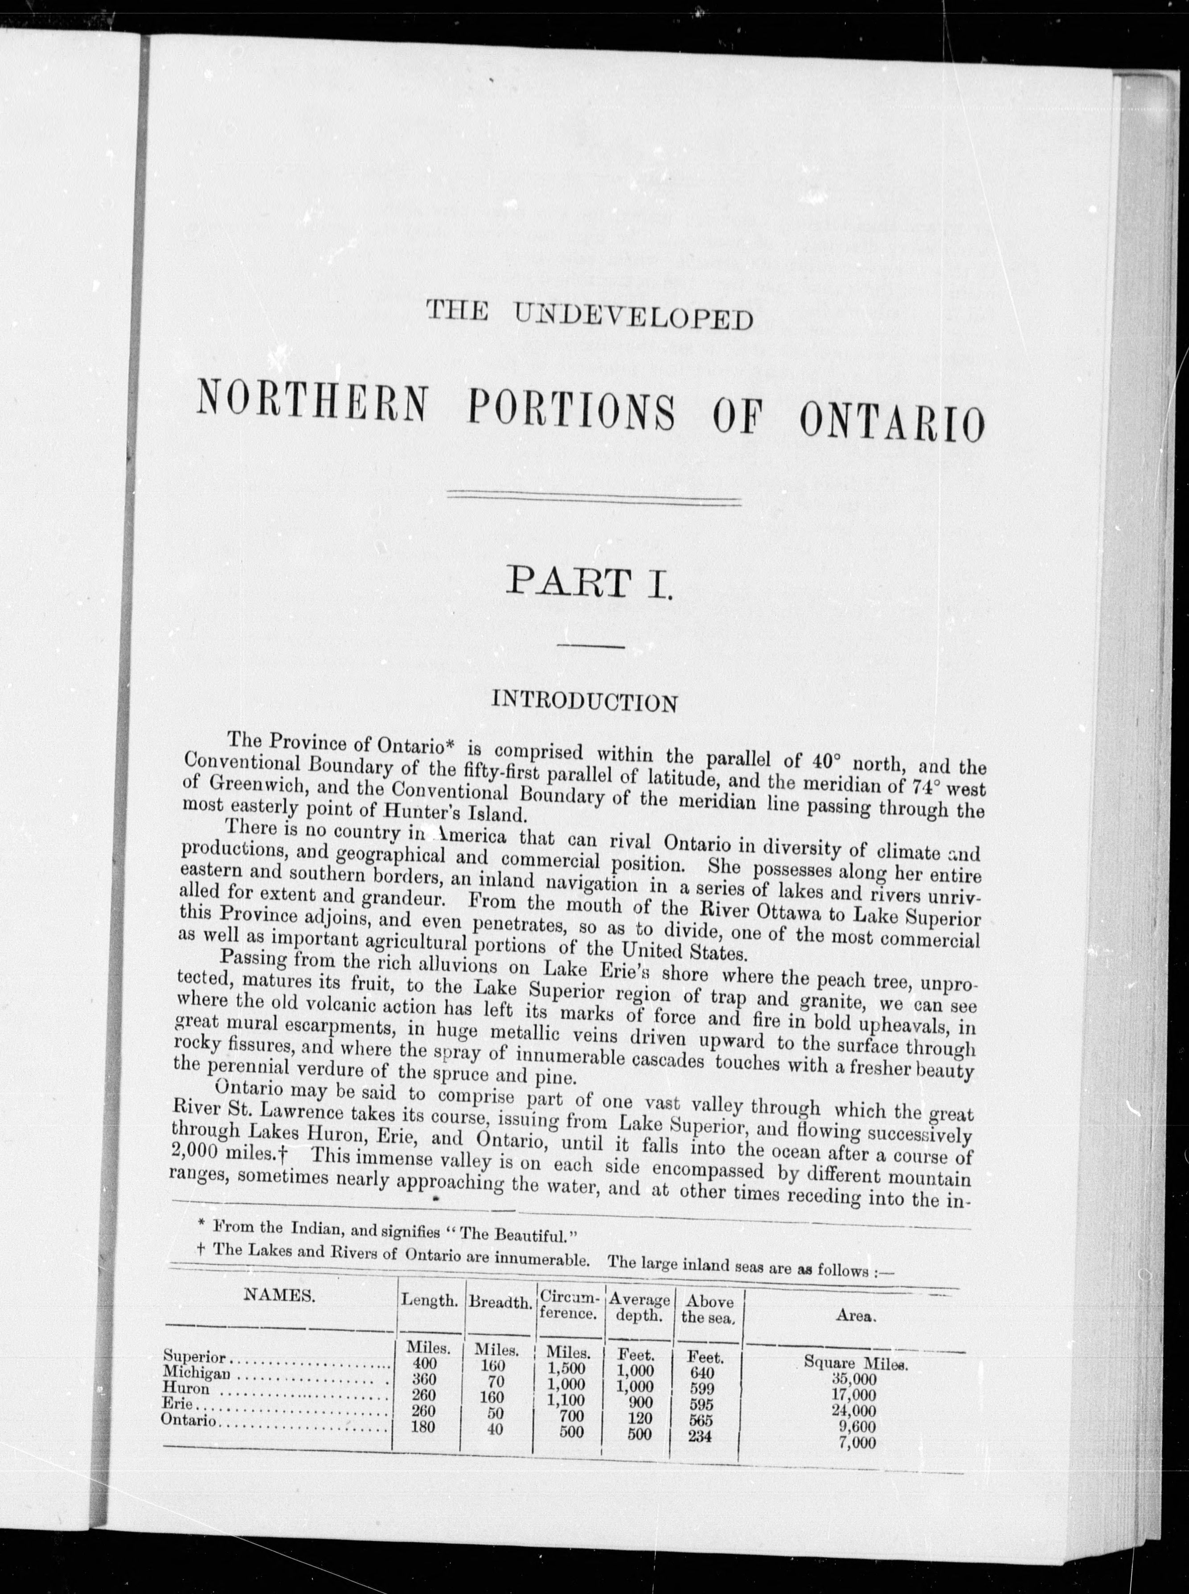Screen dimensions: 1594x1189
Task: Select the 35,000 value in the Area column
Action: (854, 1378)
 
